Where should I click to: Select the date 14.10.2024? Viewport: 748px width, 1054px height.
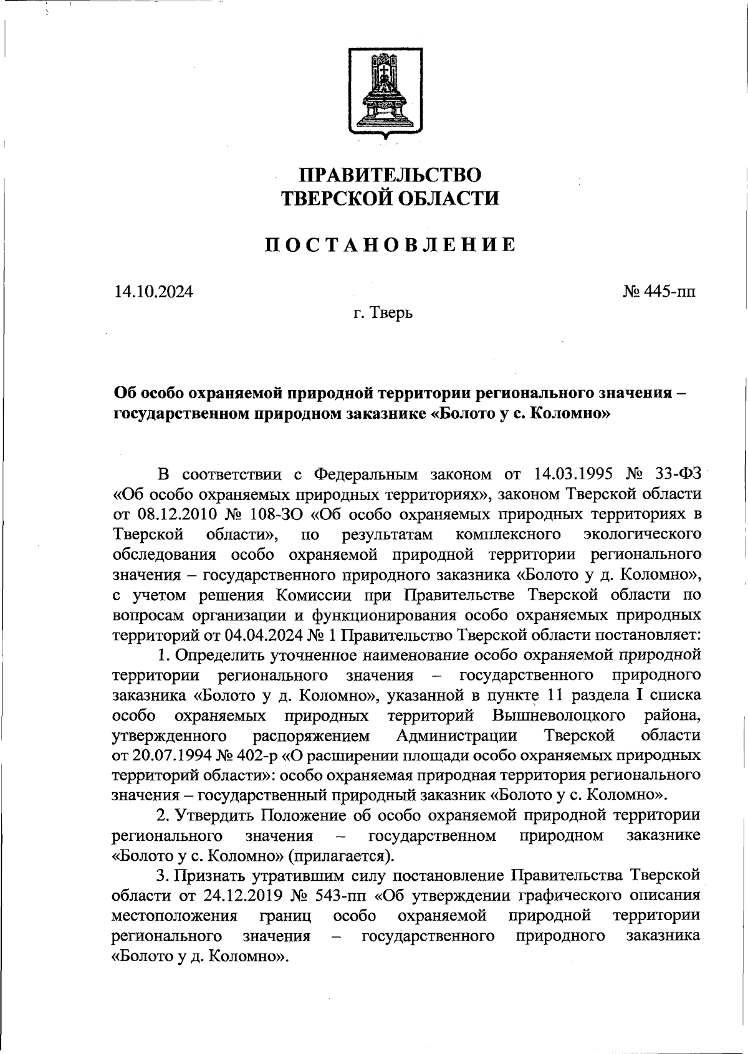153,292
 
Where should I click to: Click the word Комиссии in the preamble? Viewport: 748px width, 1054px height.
302,595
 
